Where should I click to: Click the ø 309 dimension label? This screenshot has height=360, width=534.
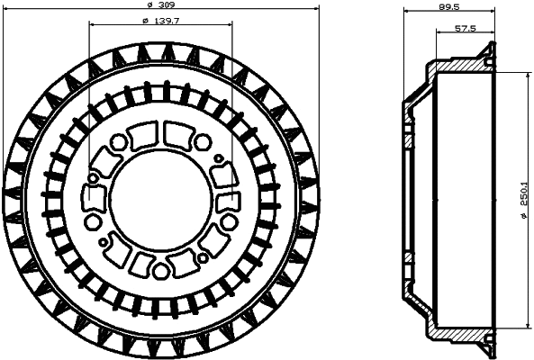pyautogui.click(x=160, y=4)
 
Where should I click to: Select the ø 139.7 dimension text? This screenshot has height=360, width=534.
pyautogui.click(x=160, y=20)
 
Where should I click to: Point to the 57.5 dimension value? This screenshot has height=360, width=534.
pyautogui.click(x=465, y=29)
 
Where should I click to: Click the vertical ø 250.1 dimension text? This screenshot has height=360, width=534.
pyautogui.click(x=523, y=199)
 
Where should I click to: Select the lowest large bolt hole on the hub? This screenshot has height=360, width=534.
pyautogui.click(x=160, y=270)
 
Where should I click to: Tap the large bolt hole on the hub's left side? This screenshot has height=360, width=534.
pyautogui.click(x=92, y=221)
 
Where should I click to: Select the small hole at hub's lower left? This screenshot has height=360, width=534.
pyautogui.click(x=104, y=241)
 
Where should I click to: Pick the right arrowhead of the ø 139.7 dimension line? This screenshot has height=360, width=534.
pyautogui.click(x=229, y=25)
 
